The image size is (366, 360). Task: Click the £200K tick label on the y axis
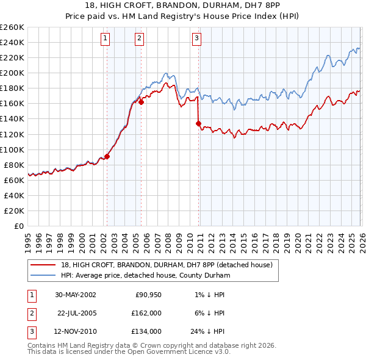pos(12,73)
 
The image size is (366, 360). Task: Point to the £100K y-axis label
pos(12,149)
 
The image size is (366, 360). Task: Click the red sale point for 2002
pos(107,156)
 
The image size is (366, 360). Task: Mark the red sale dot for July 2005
pos(141,102)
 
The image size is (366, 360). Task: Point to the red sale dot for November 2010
pos(198,123)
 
